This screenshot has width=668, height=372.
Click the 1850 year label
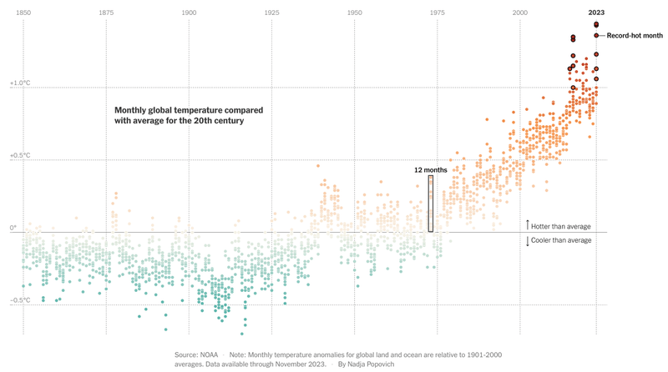[23, 13]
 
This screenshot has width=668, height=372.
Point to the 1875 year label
[106, 13]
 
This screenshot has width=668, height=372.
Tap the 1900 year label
[189, 13]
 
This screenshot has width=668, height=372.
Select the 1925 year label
[271, 13]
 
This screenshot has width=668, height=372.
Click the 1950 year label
[354, 13]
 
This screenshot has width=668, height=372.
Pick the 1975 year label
[437, 13]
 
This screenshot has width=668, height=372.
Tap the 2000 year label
[519, 13]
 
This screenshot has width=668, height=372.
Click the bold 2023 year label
[596, 13]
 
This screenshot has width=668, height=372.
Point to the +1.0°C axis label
[19, 83]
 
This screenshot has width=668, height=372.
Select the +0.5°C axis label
[19, 155]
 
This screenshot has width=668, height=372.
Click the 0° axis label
[13, 228]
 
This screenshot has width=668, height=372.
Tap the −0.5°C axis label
[19, 300]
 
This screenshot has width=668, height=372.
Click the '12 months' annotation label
[431, 169]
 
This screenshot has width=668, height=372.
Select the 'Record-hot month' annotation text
[635, 36]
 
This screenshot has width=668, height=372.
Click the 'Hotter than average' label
[561, 226]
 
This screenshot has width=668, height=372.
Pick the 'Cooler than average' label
[561, 240]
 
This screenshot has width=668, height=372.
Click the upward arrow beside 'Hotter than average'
[528, 225]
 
